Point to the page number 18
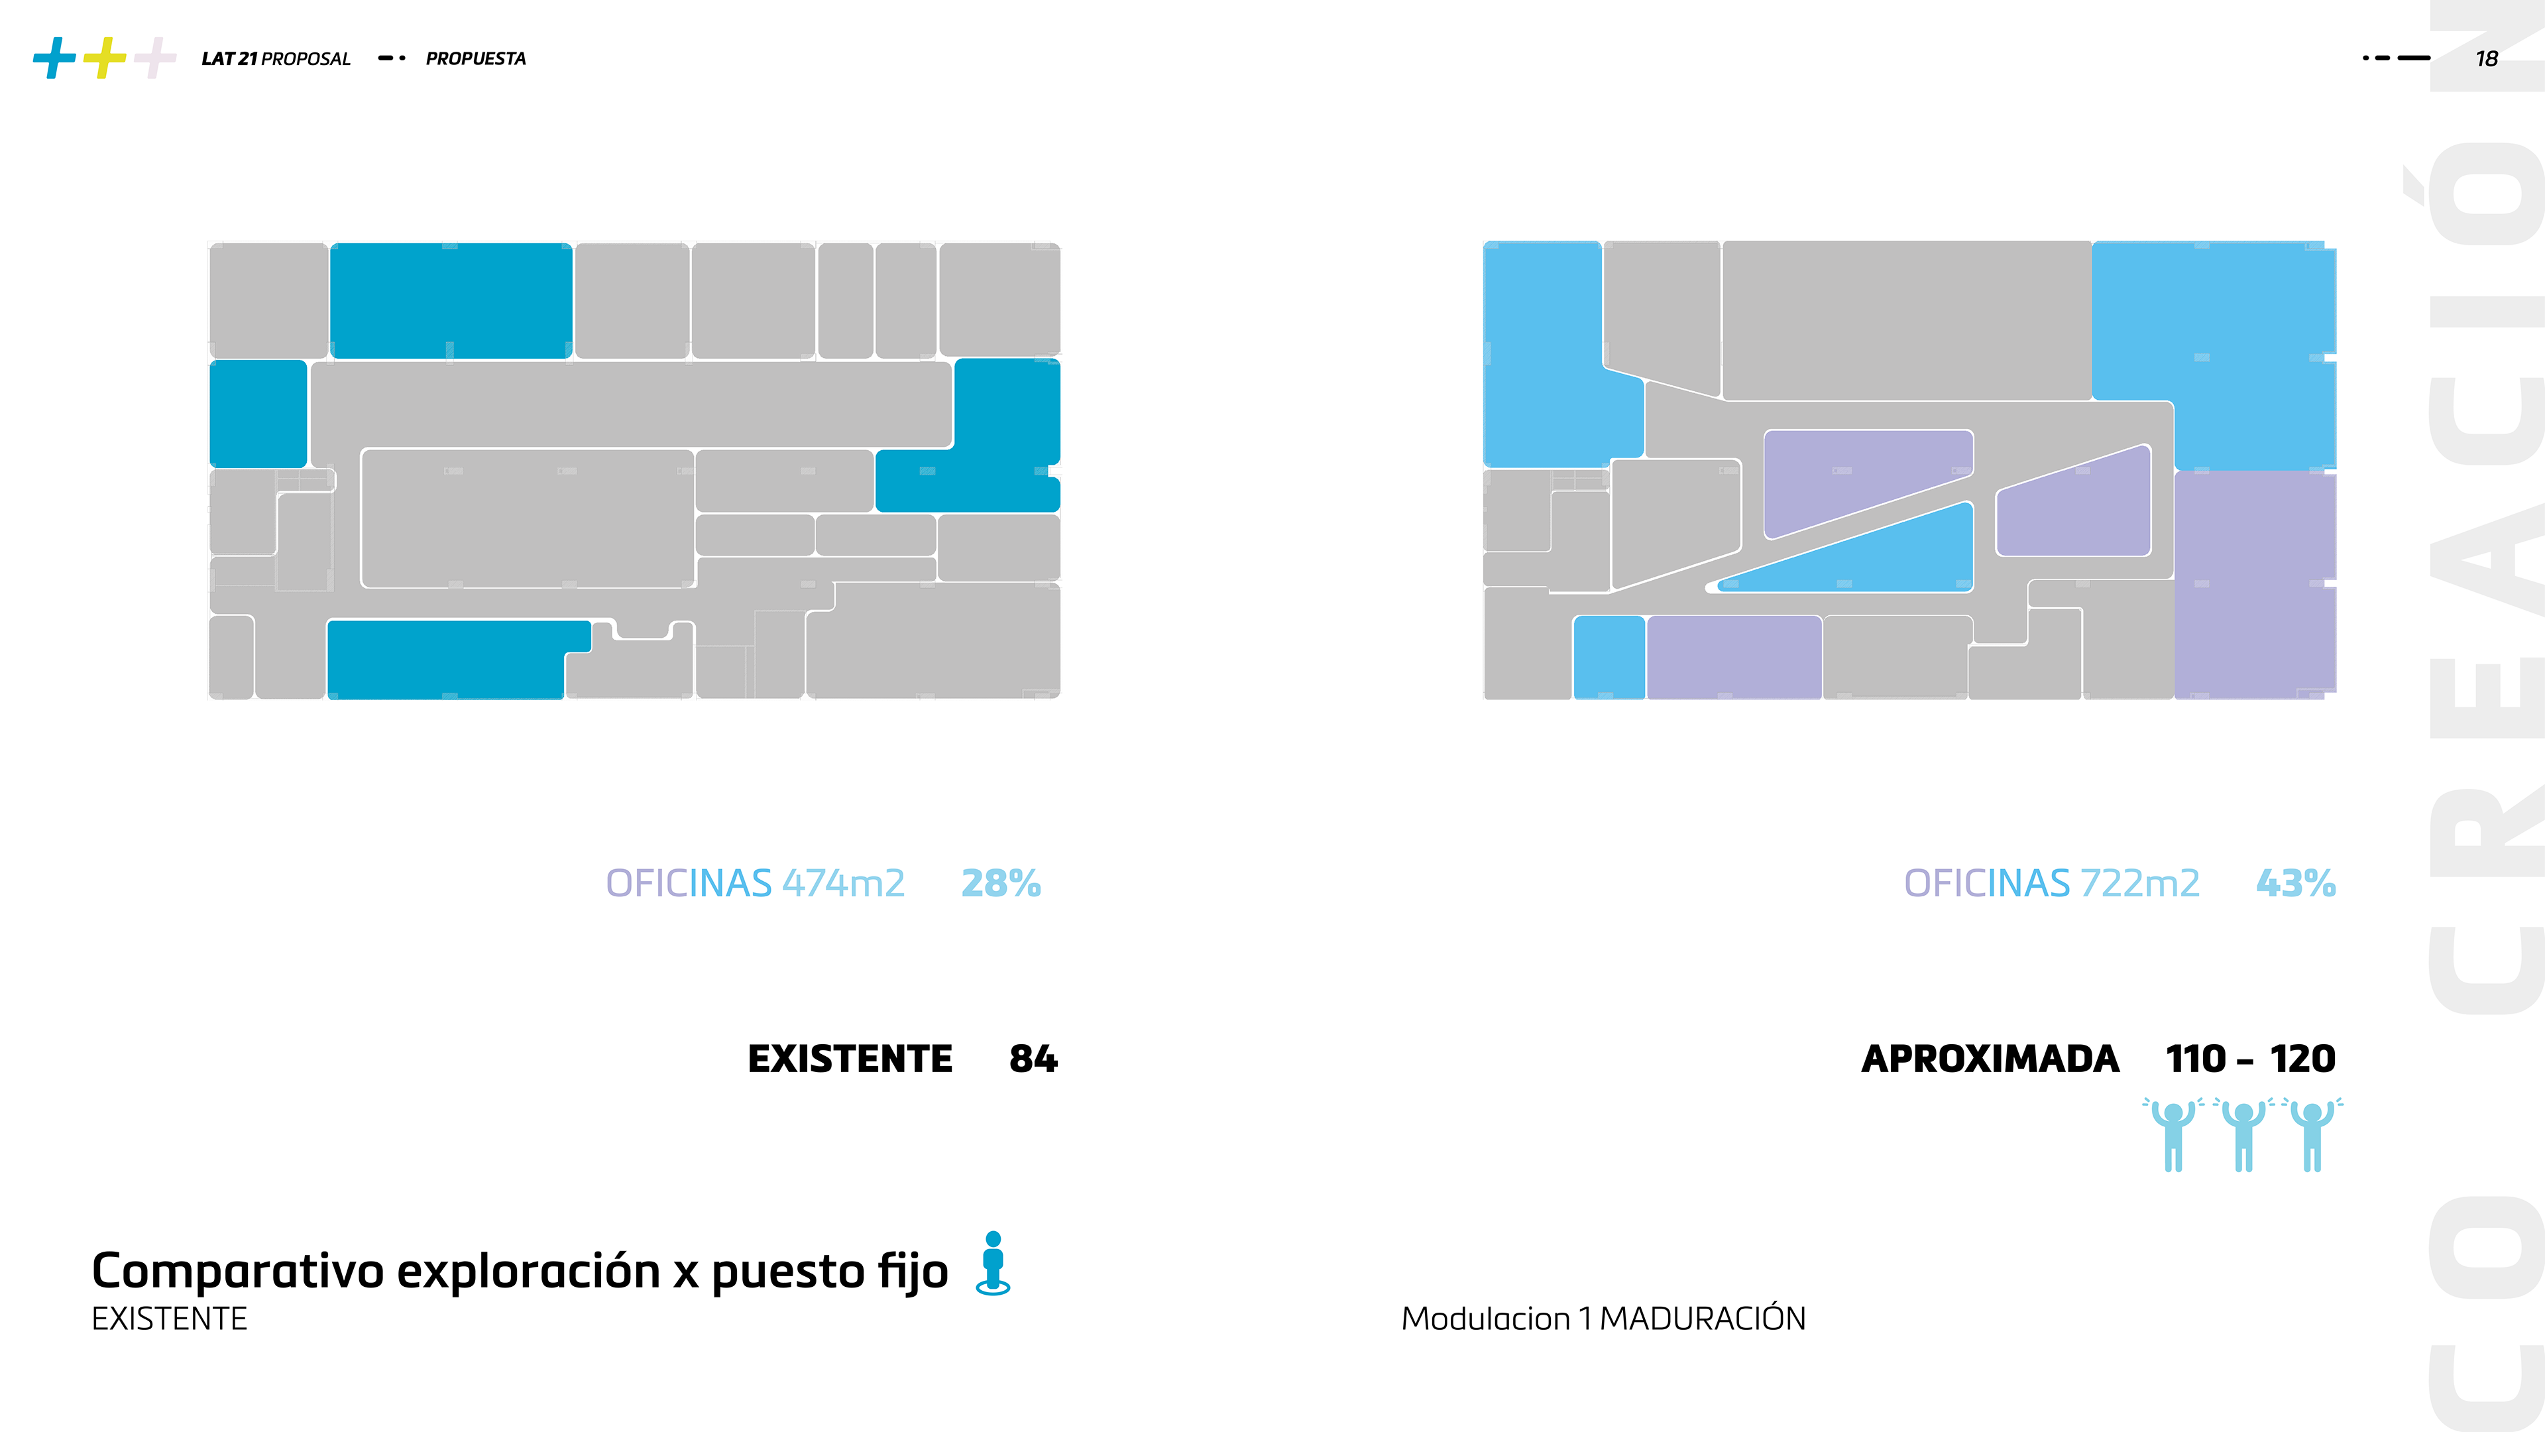pyautogui.click(x=2487, y=59)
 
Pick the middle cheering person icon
pyautogui.click(x=2243, y=1134)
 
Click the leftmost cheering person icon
pyautogui.click(x=2173, y=1134)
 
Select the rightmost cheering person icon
pyautogui.click(x=2312, y=1134)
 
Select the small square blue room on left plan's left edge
pyautogui.click(x=258, y=413)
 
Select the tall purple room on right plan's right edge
pyautogui.click(x=2255, y=583)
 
